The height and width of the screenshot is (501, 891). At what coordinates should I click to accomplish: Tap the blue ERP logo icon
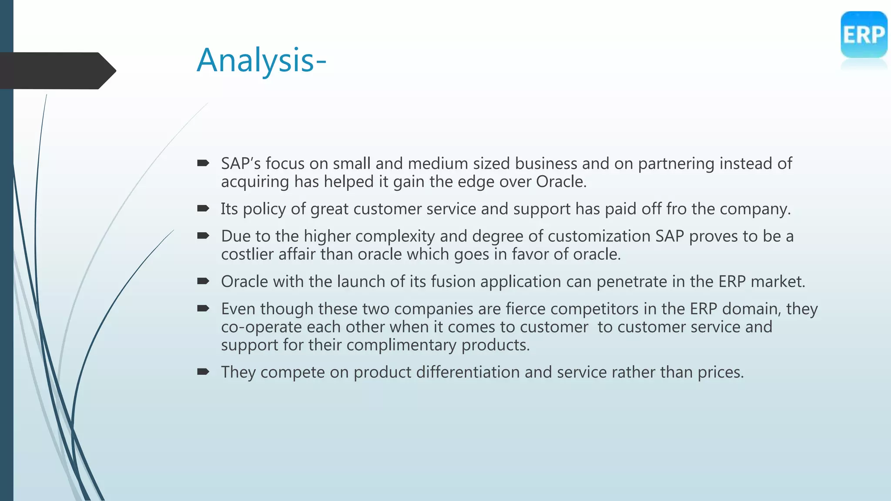point(864,35)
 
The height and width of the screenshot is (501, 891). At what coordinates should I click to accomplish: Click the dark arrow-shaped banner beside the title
point(57,70)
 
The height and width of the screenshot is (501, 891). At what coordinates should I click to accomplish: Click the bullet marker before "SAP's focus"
point(203,164)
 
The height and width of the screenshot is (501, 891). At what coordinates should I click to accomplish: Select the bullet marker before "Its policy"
point(203,209)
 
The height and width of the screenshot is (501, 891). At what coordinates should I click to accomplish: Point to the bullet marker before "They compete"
point(203,372)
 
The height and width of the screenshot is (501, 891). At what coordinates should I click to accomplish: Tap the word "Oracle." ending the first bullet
point(561,182)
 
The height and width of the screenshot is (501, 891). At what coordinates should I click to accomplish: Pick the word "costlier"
point(247,254)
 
